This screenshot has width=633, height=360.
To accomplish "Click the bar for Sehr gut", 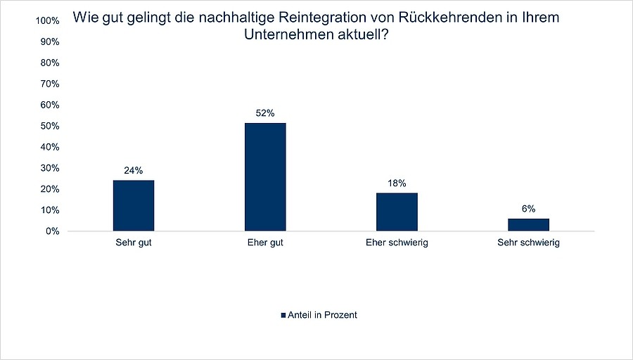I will [x=134, y=205].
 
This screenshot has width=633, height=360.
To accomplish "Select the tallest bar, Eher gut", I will [x=265, y=177].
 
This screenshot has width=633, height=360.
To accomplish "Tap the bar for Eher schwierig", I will [x=397, y=212].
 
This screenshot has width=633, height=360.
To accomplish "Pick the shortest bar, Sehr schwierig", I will [x=528, y=224].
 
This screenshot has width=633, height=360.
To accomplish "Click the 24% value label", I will [x=134, y=170].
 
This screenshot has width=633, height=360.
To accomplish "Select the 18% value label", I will [x=397, y=183].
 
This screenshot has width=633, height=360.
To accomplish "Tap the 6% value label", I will [x=528, y=208].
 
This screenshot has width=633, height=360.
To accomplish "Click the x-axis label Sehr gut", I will [x=134, y=243].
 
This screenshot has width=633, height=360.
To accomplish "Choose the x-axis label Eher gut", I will [x=265, y=243].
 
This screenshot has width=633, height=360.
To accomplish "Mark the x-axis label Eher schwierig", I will [x=397, y=243].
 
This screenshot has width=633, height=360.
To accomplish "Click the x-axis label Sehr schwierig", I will [x=528, y=243].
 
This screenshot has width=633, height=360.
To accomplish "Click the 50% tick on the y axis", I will [x=49, y=126].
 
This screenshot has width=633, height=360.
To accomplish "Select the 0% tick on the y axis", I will [x=51, y=231].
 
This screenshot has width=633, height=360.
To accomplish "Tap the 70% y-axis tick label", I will [x=49, y=84].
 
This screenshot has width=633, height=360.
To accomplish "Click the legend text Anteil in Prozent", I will [x=323, y=315].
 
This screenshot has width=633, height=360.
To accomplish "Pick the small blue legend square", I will [x=283, y=315].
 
